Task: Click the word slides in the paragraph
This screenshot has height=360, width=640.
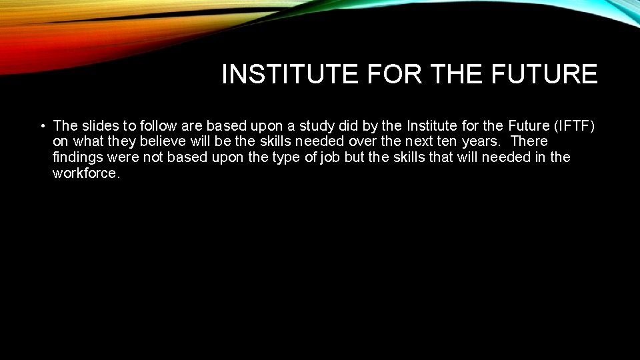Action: coord(100,125)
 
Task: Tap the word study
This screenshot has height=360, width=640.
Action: coord(317,125)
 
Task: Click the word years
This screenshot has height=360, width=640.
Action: coord(481,141)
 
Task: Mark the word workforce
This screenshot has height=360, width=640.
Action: coord(85,173)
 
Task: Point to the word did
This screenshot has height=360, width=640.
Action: coord(352,125)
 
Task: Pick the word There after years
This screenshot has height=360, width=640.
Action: coord(529,141)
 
